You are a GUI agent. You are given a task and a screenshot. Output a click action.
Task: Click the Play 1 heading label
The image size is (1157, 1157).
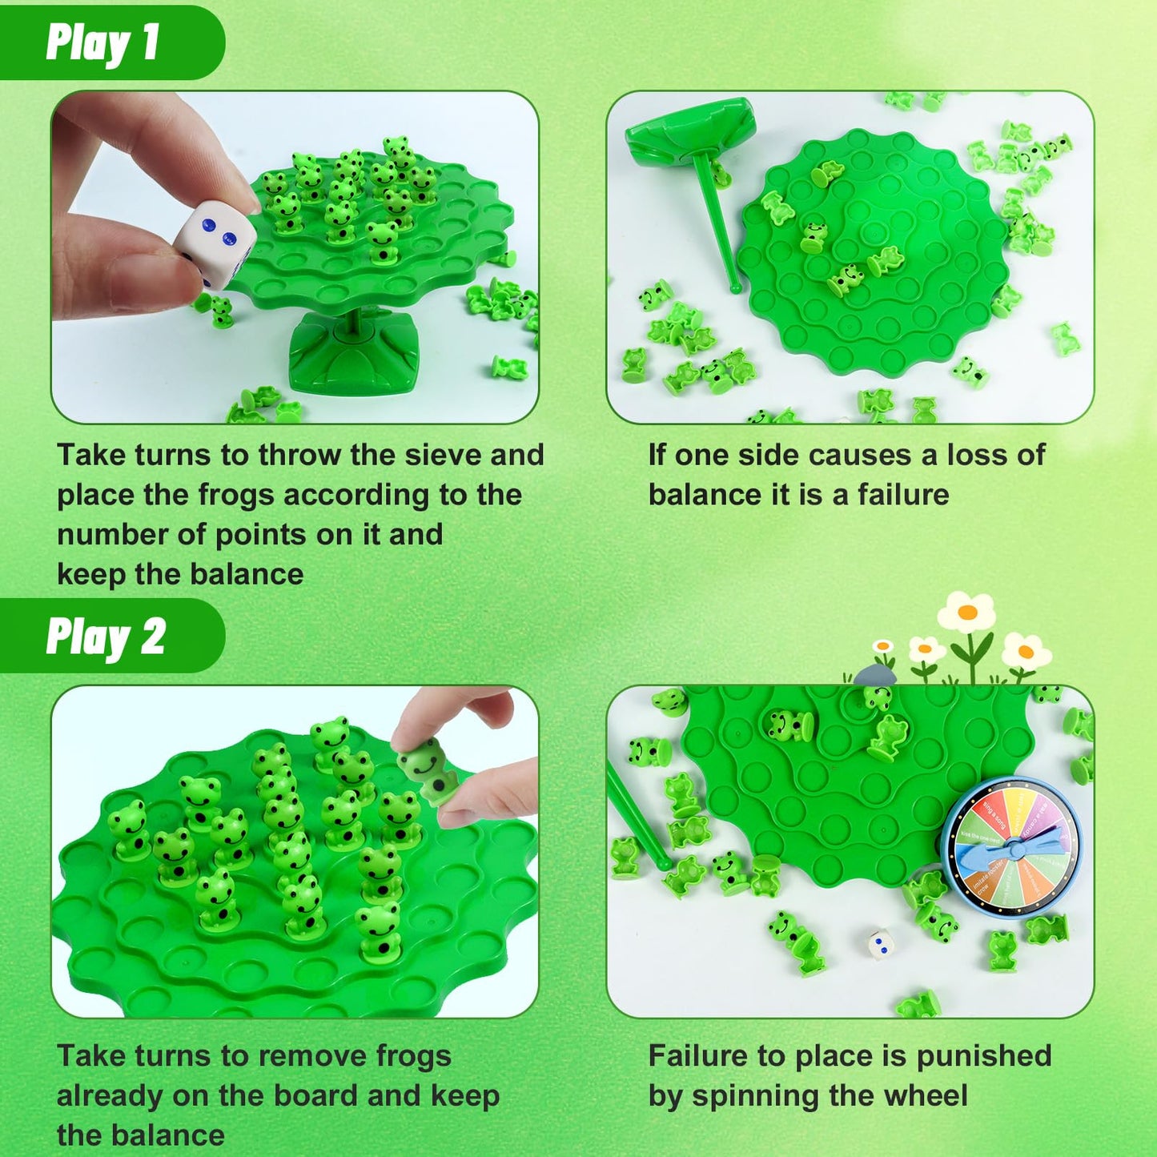pos(102,42)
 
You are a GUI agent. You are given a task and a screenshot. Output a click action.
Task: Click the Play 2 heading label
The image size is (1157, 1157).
pos(106,637)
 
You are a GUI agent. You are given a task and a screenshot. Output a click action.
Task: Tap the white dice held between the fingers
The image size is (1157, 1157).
pos(215,243)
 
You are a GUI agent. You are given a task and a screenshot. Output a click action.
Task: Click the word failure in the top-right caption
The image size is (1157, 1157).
pos(903,495)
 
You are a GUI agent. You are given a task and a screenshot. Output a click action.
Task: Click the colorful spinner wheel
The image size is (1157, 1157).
pos(1012,847)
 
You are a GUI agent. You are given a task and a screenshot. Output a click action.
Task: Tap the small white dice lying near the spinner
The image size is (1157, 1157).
pos(882,942)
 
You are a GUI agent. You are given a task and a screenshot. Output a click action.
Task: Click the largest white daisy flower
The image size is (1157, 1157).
pos(967,613)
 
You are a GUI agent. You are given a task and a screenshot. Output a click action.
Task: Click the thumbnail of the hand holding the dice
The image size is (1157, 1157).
pos(295,257)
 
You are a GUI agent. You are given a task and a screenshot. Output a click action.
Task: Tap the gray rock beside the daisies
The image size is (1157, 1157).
pos(874,677)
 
